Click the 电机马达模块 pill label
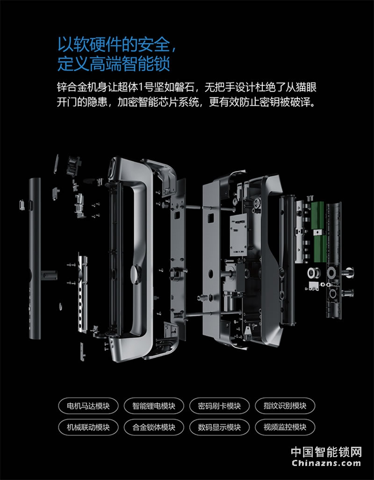(88, 406)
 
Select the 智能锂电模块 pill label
(154, 406)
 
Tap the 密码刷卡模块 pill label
(219, 406)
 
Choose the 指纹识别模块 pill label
(285, 406)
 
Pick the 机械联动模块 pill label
(88, 427)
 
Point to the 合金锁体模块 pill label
(154, 427)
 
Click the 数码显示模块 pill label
(219, 427)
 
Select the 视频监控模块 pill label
(285, 427)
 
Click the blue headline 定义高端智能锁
(114, 64)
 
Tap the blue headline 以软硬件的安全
(114, 44)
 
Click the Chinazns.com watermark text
(326, 463)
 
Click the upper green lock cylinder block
(317, 215)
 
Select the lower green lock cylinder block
(320, 249)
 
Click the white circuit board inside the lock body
(238, 235)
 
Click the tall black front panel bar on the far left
(35, 258)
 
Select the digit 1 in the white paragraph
(141, 88)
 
